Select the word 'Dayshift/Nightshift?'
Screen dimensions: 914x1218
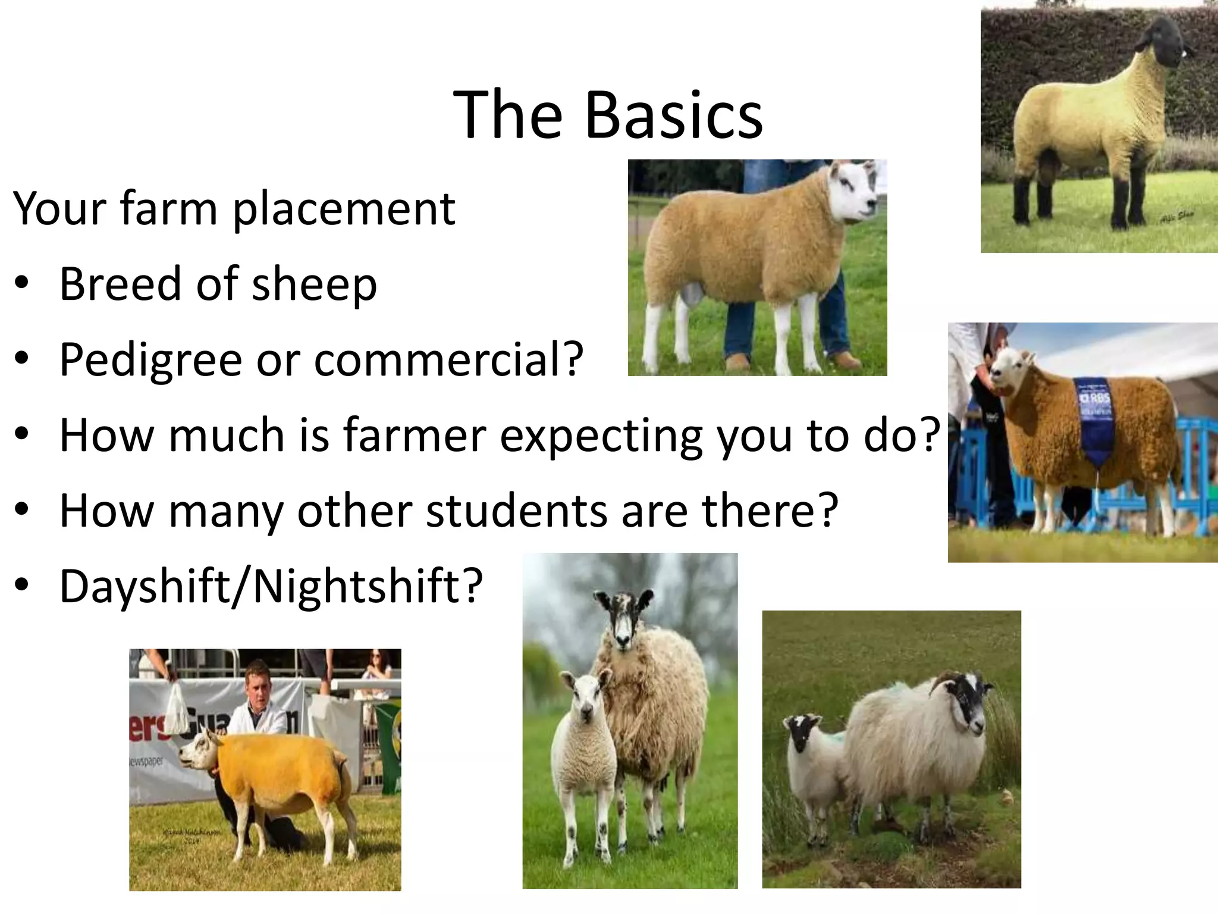(x=271, y=586)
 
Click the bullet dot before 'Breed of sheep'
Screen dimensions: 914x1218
(x=22, y=284)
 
